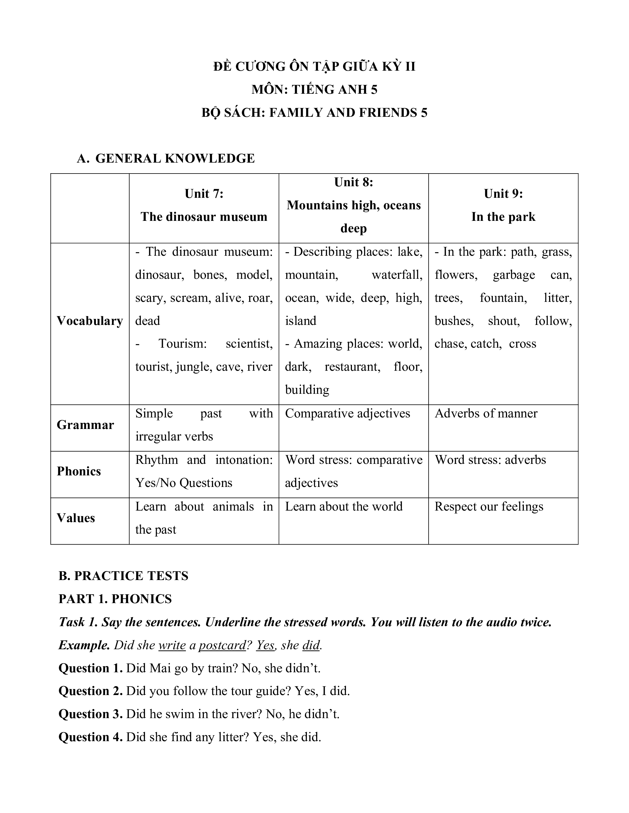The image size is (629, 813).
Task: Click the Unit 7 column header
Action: point(204,205)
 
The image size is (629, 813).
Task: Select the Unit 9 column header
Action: point(503,205)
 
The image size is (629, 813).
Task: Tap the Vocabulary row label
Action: point(90,321)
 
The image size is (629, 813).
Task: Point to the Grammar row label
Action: point(85,425)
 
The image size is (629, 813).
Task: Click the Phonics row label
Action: point(79,472)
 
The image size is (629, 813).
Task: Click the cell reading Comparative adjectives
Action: point(347,414)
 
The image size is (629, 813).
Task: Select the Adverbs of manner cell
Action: point(486,414)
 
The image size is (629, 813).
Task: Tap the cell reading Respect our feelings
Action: point(489,507)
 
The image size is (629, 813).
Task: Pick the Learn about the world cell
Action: point(344,507)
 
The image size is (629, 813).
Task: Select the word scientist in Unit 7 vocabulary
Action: point(249,344)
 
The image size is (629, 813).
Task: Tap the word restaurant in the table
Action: point(352,367)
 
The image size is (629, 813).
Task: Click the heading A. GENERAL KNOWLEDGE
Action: point(166,158)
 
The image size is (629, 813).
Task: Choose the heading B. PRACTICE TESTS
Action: point(123,576)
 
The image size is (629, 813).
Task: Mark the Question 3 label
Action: point(91,714)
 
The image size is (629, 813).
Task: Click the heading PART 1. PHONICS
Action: point(115,599)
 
